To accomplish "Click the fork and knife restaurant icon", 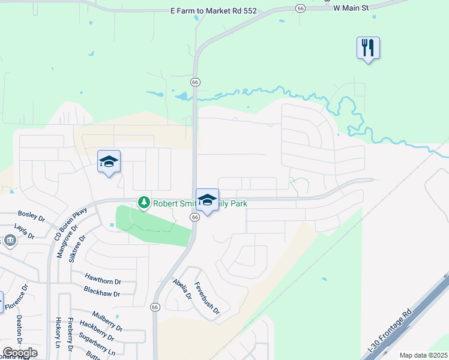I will [368, 47].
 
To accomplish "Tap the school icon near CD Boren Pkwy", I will [109, 161].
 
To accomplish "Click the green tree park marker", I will [143, 203].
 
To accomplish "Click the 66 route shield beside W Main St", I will [300, 8].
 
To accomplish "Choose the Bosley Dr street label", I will [31, 214].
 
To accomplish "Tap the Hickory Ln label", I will [58, 334].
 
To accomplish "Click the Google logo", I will [20, 352].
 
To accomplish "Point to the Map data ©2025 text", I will [424, 355].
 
